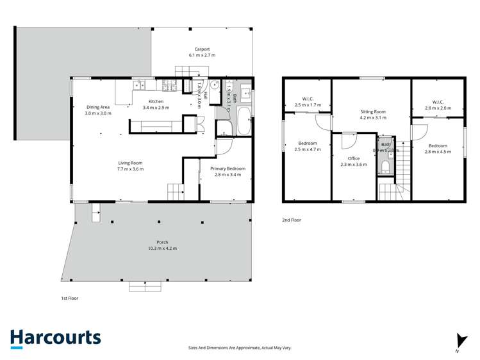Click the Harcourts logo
click(x=55, y=338)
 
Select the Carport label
click(x=203, y=49)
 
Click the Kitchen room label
click(x=156, y=101)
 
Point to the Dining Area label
click(x=98, y=107)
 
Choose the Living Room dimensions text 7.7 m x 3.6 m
click(x=130, y=169)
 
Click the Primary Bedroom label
click(x=228, y=168)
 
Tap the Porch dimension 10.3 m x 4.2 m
click(x=161, y=248)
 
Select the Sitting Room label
click(x=371, y=111)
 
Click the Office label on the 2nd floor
click(x=353, y=158)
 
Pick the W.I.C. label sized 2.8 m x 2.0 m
click(x=438, y=102)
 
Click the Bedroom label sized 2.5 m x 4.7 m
click(x=307, y=143)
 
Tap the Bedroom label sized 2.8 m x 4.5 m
click(x=439, y=145)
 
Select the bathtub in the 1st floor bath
click(x=244, y=121)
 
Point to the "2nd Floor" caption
click(x=291, y=220)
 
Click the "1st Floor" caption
click(x=69, y=298)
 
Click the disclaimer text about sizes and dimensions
click(x=239, y=347)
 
